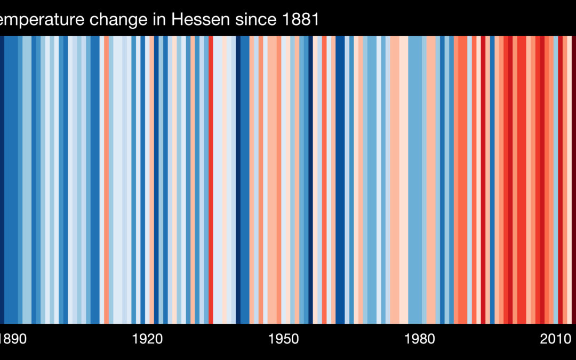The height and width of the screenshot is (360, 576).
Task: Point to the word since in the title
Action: pyautogui.click(x=254, y=20)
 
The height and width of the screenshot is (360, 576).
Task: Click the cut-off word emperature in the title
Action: pyautogui.click(x=42, y=20)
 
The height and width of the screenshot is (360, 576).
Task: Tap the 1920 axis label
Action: pyautogui.click(x=147, y=339)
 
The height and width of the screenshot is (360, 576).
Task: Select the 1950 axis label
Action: pyautogui.click(x=284, y=339)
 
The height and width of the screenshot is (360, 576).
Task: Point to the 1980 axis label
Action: pyautogui.click(x=420, y=339)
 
